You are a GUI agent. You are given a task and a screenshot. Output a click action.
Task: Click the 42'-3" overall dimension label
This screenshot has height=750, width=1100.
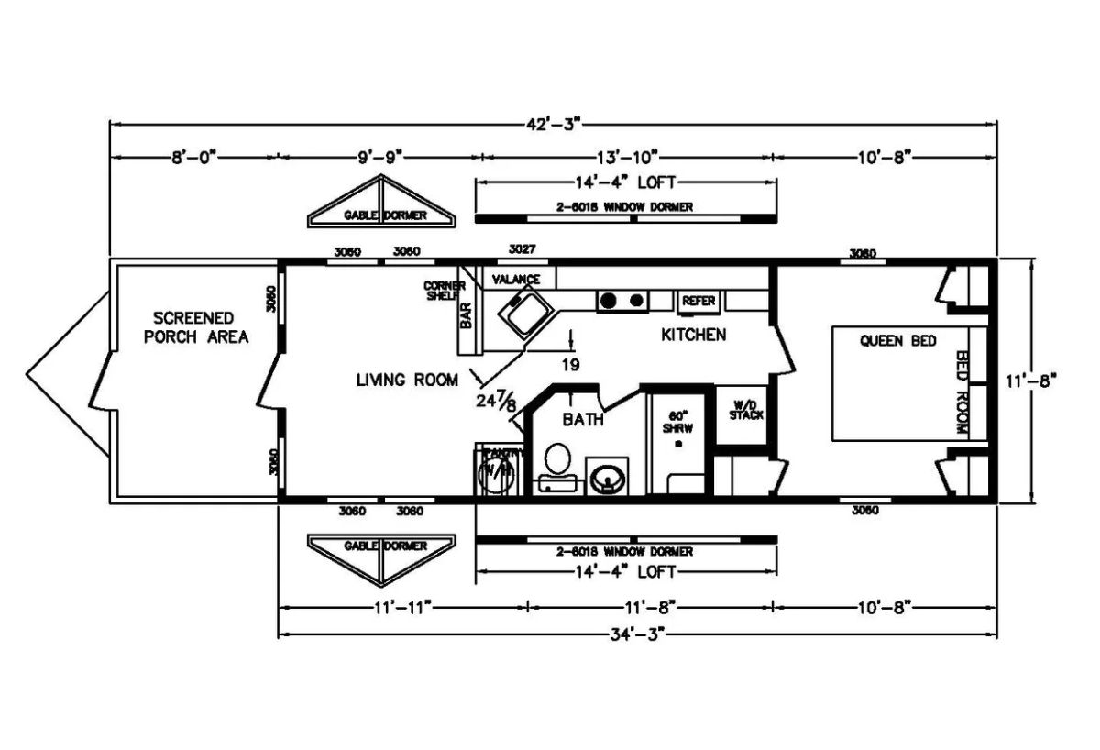[x=552, y=122]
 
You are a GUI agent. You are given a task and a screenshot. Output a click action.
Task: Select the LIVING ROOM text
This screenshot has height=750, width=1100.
[x=407, y=380]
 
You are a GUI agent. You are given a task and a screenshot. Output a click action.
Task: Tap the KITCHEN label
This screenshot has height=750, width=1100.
[x=693, y=335]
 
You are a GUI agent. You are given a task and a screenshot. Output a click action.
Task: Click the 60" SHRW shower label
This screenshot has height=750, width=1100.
[x=677, y=420]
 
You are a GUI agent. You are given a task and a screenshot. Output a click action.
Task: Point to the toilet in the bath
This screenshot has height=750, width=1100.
[x=556, y=461]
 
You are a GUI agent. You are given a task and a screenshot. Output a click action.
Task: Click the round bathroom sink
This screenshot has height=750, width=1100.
[x=604, y=477]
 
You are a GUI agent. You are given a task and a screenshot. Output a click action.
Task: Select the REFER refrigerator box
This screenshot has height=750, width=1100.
[x=698, y=301]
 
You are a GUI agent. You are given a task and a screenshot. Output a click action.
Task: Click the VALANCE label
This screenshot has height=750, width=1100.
[x=516, y=279]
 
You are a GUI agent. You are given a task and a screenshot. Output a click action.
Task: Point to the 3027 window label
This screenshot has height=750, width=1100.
[x=522, y=249]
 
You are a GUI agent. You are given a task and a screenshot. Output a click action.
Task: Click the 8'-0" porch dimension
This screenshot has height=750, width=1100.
[x=192, y=157]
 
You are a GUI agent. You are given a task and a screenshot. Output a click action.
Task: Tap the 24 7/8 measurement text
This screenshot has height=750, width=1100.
[x=496, y=401]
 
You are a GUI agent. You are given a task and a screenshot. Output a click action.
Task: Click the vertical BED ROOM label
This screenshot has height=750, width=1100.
[x=962, y=392]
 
